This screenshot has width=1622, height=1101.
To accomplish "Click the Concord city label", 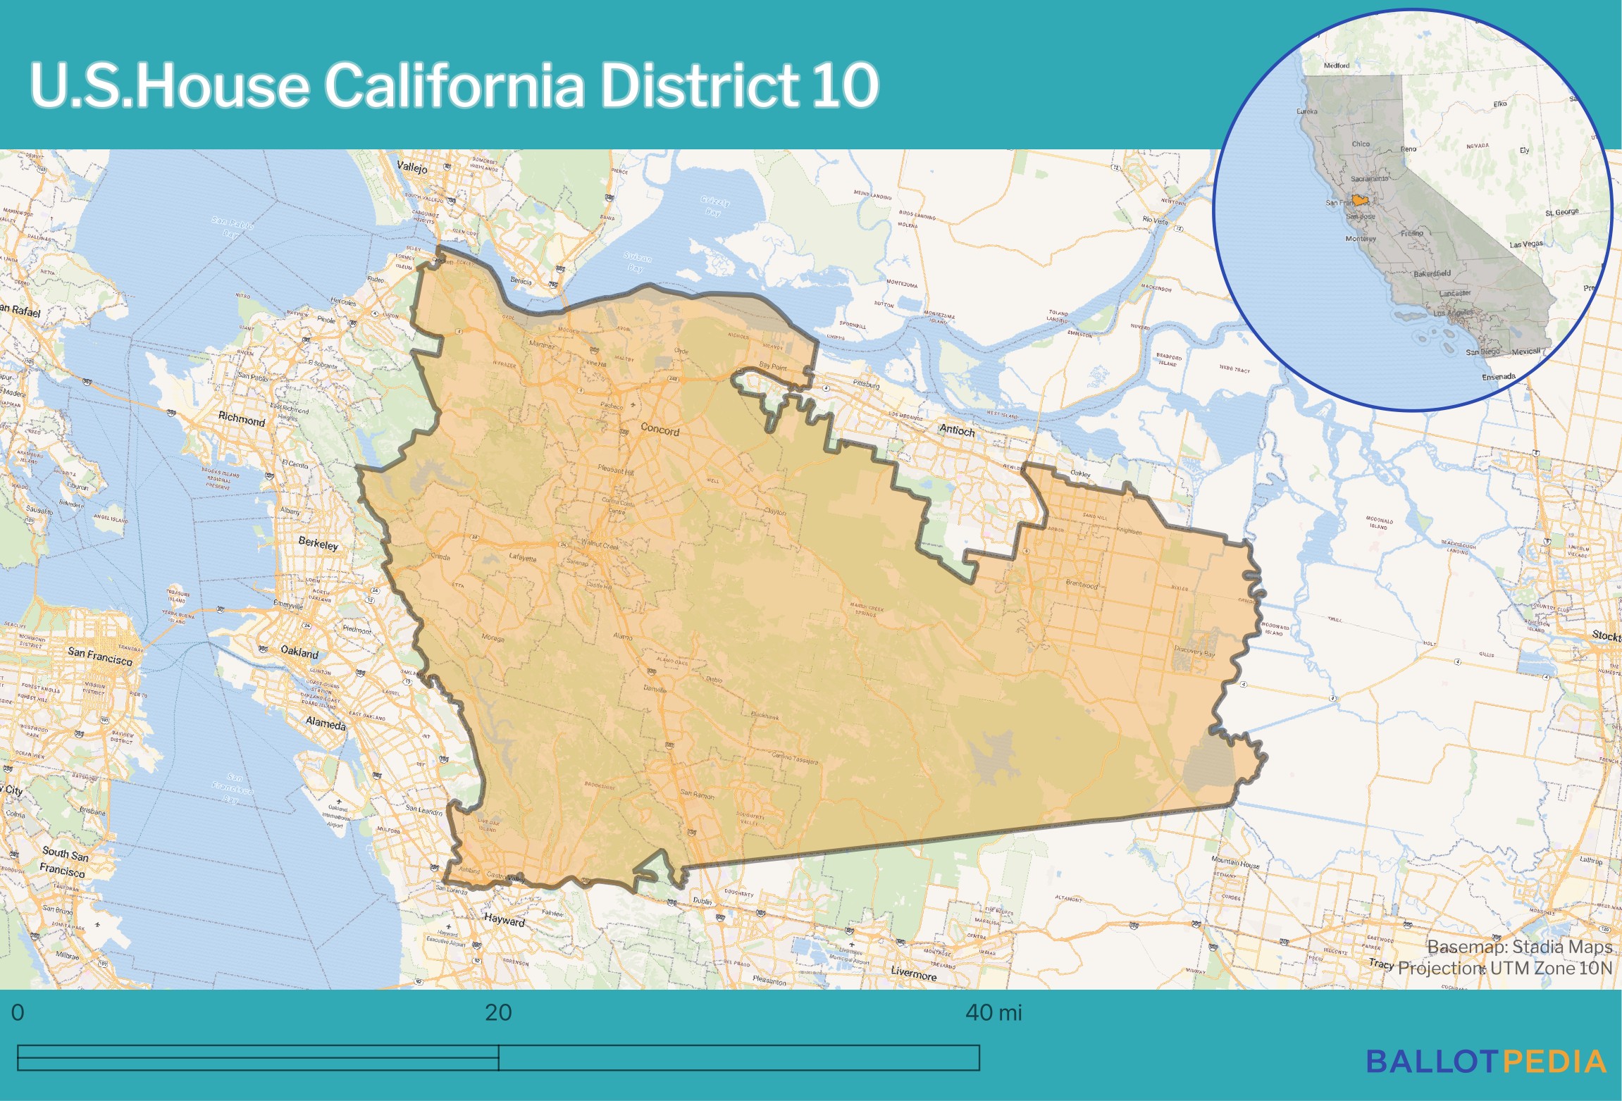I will [660, 430].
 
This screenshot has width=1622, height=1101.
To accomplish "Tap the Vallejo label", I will [412, 168].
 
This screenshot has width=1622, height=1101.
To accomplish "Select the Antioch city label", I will [957, 430].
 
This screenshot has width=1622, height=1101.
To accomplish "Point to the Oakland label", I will [299, 652].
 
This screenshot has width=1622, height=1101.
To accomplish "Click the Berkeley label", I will [318, 544].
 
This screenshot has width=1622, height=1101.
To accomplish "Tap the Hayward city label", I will [504, 920].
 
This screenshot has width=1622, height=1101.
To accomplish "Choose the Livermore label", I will [914, 974].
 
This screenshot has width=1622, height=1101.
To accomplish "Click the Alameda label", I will [326, 723].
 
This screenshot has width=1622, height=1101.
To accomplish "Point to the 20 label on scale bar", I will [498, 1013].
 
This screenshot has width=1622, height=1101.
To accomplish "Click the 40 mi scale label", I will [993, 1013].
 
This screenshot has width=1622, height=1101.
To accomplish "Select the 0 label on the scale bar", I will [18, 1013].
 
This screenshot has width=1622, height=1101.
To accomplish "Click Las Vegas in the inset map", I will [1526, 244].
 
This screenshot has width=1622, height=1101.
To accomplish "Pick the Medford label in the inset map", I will [1337, 66].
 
